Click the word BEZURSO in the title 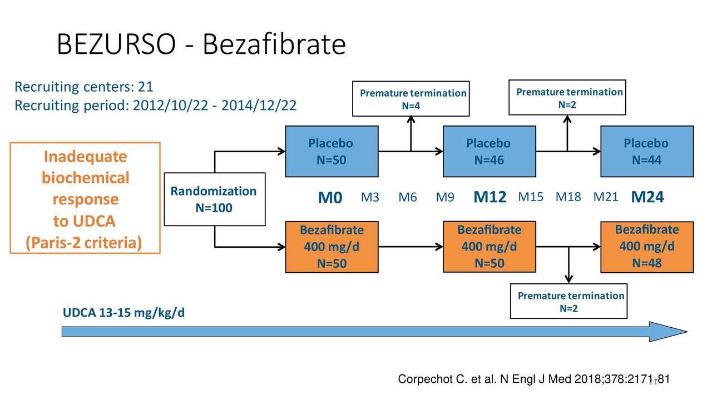116,44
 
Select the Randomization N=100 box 214,199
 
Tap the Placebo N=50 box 331,151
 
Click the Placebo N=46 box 489,151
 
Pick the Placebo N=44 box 646,151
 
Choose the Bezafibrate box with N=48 646,246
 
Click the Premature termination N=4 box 411,98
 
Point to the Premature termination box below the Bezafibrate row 568,301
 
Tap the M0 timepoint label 330,198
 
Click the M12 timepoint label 489,198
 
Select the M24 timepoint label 647,198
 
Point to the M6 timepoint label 408,198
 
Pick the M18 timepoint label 568,198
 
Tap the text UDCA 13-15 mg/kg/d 123,313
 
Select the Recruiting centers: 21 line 83,87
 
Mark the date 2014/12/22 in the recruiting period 259,105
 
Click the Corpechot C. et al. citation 533,379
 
